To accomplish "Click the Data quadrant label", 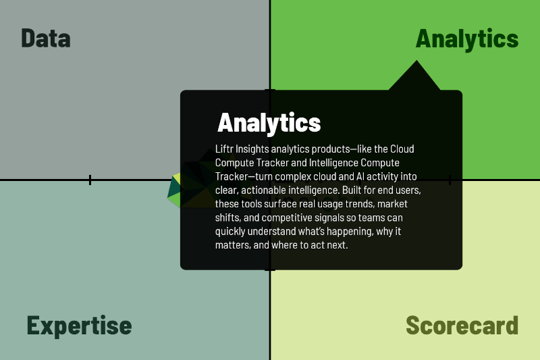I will coord(46,38).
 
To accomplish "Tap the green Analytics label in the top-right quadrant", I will coord(467,38).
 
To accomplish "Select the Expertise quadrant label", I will coord(79,326).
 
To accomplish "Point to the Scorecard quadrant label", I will coord(462,326).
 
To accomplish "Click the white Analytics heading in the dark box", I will coord(269,123).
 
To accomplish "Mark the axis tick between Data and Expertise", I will coord(90,180).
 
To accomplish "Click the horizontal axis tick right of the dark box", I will coord(450,180).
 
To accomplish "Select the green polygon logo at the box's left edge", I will coord(177,191).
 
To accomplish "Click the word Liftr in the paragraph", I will coord(225,149).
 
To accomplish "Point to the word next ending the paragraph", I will coord(336,246).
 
